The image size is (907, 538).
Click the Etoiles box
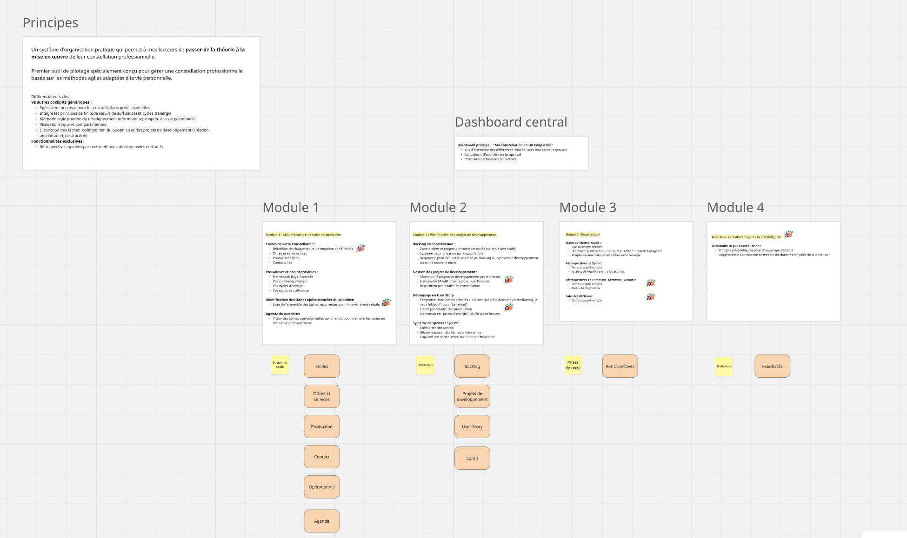(x=321, y=366)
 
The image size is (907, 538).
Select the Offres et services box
(x=321, y=396)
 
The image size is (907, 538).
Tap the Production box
(x=321, y=426)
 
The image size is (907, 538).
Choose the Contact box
(x=321, y=457)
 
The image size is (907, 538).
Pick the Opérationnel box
(x=321, y=487)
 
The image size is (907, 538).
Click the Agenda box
(x=321, y=521)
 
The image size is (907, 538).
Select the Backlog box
(x=472, y=366)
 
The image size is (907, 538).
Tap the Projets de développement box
(x=472, y=396)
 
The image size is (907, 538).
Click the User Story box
(x=472, y=426)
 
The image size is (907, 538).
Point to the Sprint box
(x=472, y=458)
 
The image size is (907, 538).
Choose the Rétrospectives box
(x=620, y=366)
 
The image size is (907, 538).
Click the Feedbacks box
(x=772, y=366)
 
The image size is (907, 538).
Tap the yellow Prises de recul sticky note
(x=573, y=365)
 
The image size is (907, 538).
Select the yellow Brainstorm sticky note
(x=724, y=366)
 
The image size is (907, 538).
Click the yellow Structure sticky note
(x=280, y=365)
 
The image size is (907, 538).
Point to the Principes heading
(x=50, y=23)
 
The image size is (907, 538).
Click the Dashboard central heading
(x=511, y=122)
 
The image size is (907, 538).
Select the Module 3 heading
(x=587, y=208)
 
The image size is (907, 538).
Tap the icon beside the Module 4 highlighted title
(x=788, y=234)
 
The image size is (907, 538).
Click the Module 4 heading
(x=735, y=208)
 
